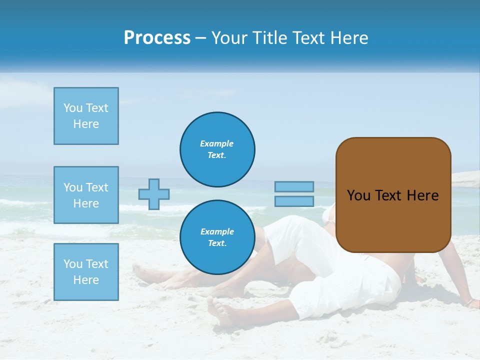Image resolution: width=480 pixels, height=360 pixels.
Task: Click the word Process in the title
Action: (x=157, y=38)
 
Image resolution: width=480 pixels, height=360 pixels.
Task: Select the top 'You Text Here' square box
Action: (x=86, y=116)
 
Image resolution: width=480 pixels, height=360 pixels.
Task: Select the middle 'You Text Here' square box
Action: (x=86, y=195)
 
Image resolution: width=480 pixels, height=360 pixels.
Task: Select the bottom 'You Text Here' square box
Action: (x=86, y=272)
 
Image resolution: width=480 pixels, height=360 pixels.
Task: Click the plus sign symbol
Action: (x=154, y=194)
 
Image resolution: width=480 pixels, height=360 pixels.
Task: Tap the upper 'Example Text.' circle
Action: (x=217, y=149)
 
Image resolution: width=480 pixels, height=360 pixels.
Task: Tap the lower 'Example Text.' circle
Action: (x=217, y=237)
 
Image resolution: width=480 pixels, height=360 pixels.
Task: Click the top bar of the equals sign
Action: (x=294, y=186)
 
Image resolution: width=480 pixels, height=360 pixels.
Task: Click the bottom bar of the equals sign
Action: (x=294, y=201)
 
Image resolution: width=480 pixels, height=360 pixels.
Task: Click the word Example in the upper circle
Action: (x=217, y=143)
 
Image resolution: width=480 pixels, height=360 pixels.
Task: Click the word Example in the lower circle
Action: (x=217, y=231)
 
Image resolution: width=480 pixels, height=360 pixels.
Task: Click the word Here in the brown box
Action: (x=422, y=195)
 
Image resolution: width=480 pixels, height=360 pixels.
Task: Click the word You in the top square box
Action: (x=73, y=108)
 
